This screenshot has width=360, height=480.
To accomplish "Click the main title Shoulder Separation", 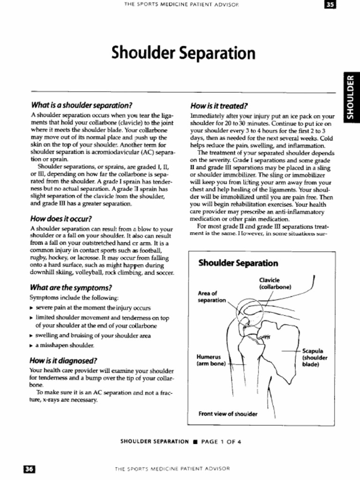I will (184, 53).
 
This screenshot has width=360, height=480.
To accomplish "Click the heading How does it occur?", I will (60, 218).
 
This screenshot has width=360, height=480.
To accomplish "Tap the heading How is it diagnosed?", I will (63, 360).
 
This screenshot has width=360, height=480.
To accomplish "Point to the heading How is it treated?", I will (219, 105).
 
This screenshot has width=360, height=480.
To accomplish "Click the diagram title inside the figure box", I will (238, 263).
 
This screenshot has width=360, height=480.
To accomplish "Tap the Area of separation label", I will (212, 296).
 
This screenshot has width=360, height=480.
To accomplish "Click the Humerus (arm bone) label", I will (212, 360).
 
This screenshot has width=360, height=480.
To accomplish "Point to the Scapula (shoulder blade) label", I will (315, 357).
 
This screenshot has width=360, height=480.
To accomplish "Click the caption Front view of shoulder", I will (228, 414).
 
